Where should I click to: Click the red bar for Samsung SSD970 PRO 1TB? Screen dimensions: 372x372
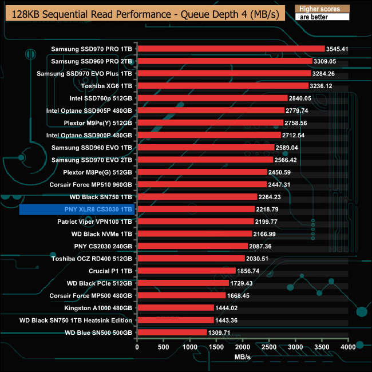(231, 49)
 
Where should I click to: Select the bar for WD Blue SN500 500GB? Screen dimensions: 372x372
(172, 333)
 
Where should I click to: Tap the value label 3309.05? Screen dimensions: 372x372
(324, 61)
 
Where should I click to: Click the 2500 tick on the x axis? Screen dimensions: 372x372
(269, 347)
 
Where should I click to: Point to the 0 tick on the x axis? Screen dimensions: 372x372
(137, 347)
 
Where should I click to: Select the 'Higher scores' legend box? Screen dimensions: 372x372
(319, 9)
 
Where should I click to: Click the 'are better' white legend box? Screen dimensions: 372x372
(319, 17)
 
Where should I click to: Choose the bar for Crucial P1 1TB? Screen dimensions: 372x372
(186, 271)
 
